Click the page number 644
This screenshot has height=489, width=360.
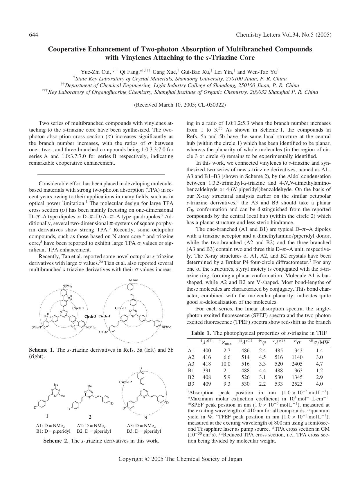click(34, 35)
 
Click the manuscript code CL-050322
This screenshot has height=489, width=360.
click(211, 105)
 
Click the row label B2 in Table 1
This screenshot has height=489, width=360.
click(191, 377)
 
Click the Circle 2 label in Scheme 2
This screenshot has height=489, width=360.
click(125, 382)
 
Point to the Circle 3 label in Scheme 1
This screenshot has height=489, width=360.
click(90, 316)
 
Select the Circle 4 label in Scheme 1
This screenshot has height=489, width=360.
click(104, 316)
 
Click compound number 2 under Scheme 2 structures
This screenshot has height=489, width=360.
click(90, 417)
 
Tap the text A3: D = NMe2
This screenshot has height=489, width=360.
click(141, 426)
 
